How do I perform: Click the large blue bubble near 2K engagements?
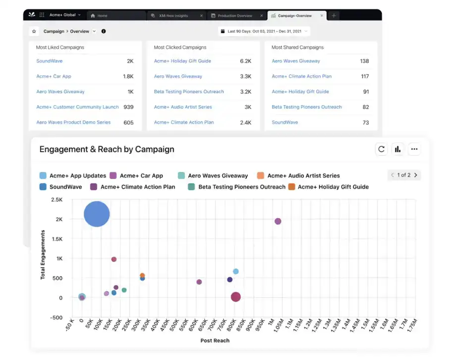pyautogui.click(x=97, y=214)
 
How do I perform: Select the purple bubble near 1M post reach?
pyautogui.click(x=278, y=221)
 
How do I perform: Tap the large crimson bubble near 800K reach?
pyautogui.click(x=235, y=297)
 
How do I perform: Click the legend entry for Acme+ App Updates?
pyautogui.click(x=73, y=176)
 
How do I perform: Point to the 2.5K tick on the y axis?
pyautogui.click(x=56, y=200)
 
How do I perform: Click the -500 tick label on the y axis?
pyautogui.click(x=56, y=318)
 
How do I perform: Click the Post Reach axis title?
pyautogui.click(x=215, y=341)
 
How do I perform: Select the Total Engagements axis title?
pyautogui.click(x=43, y=255)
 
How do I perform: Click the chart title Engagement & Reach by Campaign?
pyautogui.click(x=107, y=149)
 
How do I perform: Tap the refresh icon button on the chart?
pyautogui.click(x=381, y=149)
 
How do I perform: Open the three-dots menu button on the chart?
pyautogui.click(x=414, y=149)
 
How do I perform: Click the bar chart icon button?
pyautogui.click(x=398, y=149)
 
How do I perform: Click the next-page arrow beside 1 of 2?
pyautogui.click(x=415, y=175)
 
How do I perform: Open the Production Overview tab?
pyautogui.click(x=234, y=16)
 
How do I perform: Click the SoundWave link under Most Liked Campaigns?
pyautogui.click(x=49, y=61)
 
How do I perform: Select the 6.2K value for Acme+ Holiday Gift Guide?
pyautogui.click(x=245, y=61)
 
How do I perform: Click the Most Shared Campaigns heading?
pyautogui.click(x=297, y=48)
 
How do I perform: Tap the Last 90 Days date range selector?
pyautogui.click(x=264, y=31)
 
